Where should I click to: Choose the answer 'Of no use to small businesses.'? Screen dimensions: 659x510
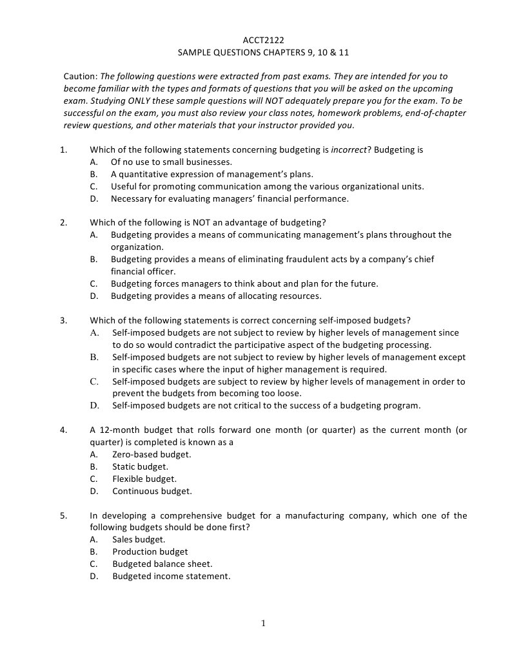[171, 162]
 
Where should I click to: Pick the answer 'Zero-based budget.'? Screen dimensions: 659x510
[152, 454]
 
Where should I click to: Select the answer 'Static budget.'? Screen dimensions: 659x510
[140, 466]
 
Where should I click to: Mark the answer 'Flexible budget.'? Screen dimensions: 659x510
[144, 479]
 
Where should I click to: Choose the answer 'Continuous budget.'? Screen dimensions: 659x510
[152, 491]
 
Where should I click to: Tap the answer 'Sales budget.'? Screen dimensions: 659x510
[139, 539]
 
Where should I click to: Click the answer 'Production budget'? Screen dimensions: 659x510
[150, 551]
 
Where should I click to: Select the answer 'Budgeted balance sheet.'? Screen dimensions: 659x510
[162, 564]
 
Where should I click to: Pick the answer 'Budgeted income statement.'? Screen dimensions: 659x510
[171, 576]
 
